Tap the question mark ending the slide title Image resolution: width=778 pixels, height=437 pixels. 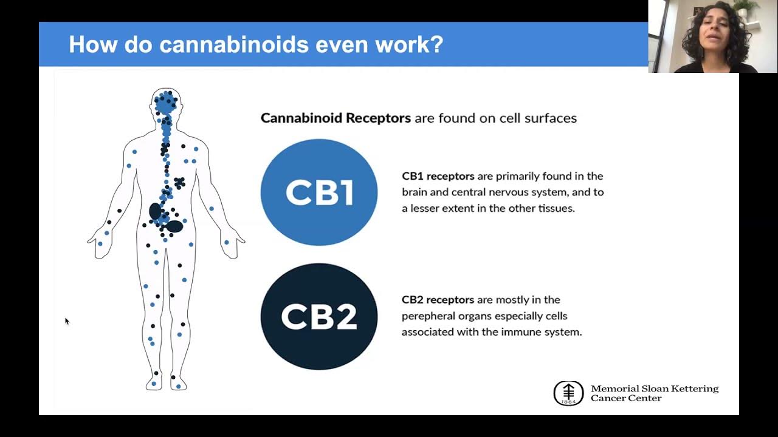[437, 44]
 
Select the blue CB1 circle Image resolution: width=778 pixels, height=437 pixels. [319, 192]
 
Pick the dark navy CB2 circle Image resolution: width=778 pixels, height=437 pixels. [319, 316]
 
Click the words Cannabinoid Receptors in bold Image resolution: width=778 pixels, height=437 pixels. [336, 118]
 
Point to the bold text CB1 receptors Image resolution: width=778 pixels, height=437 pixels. [438, 176]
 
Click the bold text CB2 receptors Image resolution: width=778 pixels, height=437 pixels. [438, 300]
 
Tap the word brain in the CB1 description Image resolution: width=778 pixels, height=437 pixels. [416, 192]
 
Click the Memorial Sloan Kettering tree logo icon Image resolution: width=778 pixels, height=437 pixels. [568, 393]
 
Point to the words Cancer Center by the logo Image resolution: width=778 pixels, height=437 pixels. [626, 399]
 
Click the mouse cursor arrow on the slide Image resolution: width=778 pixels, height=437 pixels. [66, 320]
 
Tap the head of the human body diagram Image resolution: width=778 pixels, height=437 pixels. [166, 101]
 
